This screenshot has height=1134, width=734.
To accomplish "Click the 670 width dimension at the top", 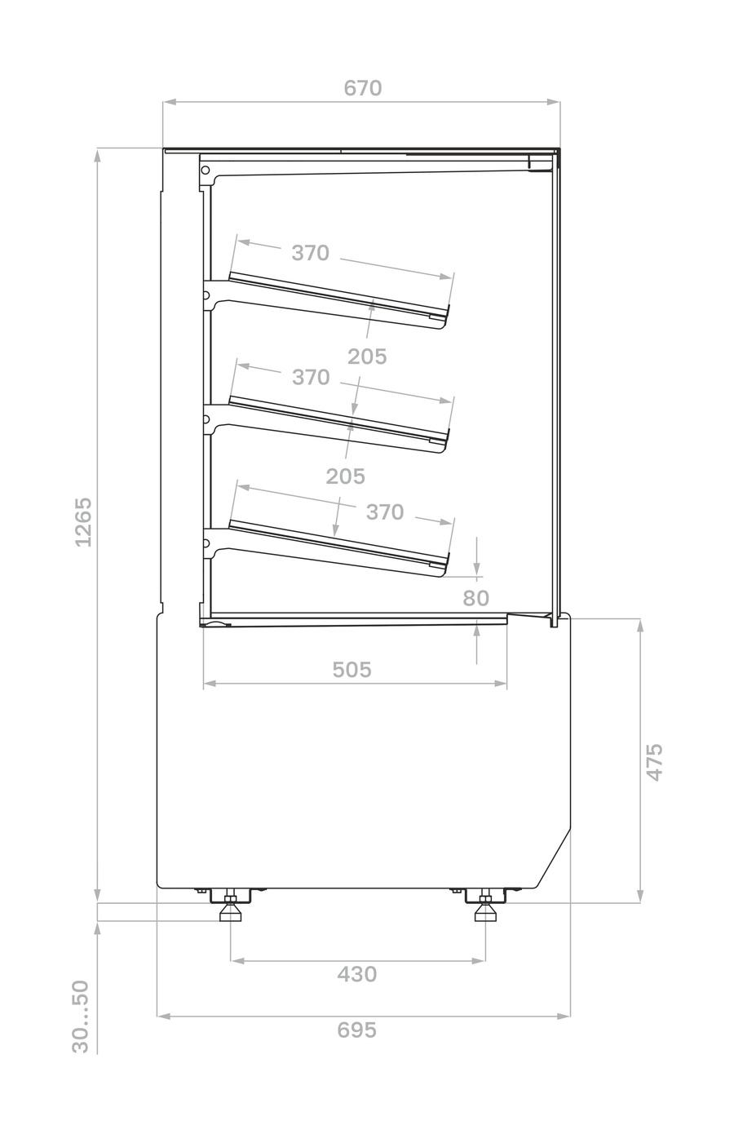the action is [362, 89].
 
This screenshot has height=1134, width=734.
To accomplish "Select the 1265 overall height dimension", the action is [83, 522].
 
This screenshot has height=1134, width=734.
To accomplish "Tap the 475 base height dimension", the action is [654, 763].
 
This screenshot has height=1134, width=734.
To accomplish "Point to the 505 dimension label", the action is [352, 670].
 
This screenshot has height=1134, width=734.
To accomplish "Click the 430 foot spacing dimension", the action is [357, 974].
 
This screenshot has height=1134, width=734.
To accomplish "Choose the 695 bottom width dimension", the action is [357, 1030].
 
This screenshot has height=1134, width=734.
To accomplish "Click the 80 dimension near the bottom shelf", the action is [475, 598].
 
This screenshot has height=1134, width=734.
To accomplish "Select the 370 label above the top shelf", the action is [310, 253].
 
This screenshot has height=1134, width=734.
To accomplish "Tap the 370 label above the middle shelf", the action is [311, 377].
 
